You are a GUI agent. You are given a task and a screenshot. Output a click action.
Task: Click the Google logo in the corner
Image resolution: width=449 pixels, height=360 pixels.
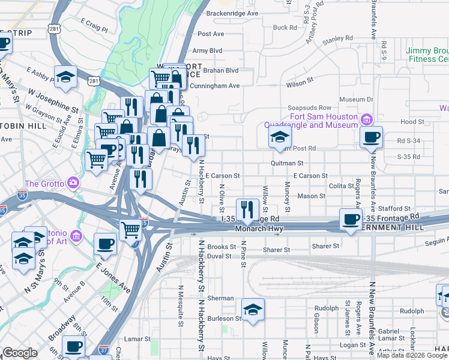click(20, 353)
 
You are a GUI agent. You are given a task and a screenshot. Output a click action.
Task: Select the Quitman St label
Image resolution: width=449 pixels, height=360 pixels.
click(287, 163)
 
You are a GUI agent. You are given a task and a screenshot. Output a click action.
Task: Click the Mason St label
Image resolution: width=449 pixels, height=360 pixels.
click(311, 196)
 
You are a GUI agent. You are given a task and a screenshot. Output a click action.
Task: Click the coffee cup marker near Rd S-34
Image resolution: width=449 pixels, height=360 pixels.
click(372, 137)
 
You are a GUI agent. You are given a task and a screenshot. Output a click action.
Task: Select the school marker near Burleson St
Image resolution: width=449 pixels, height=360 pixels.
click(253, 309)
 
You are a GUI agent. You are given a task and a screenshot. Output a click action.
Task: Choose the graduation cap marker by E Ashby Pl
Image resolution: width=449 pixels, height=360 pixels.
click(65, 76)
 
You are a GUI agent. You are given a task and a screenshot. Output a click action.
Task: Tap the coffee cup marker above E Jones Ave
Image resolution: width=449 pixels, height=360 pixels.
click(105, 244)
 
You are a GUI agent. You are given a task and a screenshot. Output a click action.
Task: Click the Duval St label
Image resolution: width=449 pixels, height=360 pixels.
click(219, 256)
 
